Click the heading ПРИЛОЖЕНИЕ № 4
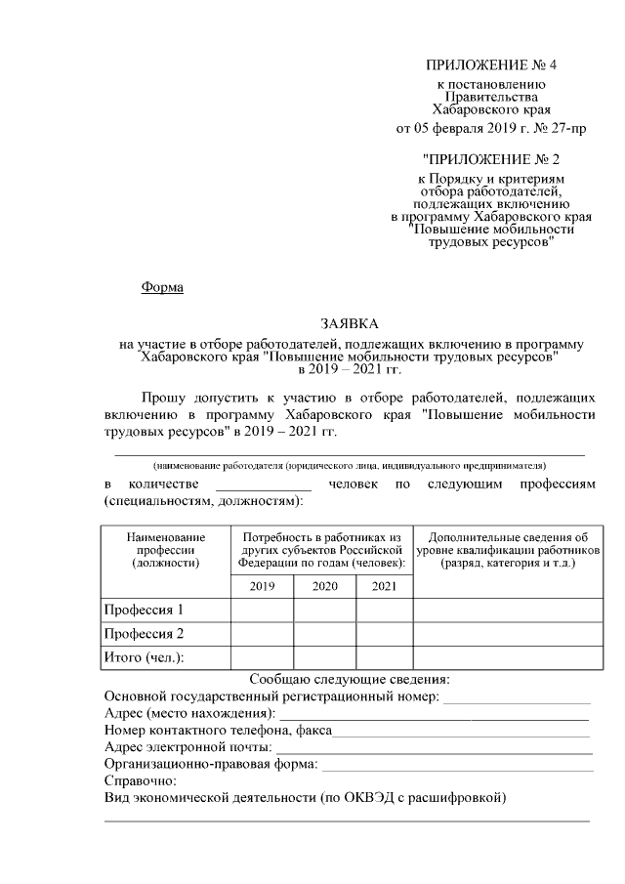click(490, 65)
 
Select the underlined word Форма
click(162, 287)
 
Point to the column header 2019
click(262, 586)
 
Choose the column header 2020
click(324, 586)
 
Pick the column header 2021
click(384, 586)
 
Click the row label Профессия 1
click(144, 610)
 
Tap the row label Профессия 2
click(144, 634)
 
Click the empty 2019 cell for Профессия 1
click(262, 610)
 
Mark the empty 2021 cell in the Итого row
click(384, 657)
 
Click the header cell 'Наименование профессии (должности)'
click(165, 549)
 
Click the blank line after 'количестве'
click(263, 486)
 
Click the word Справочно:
click(140, 781)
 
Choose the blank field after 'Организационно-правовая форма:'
click(456, 765)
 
